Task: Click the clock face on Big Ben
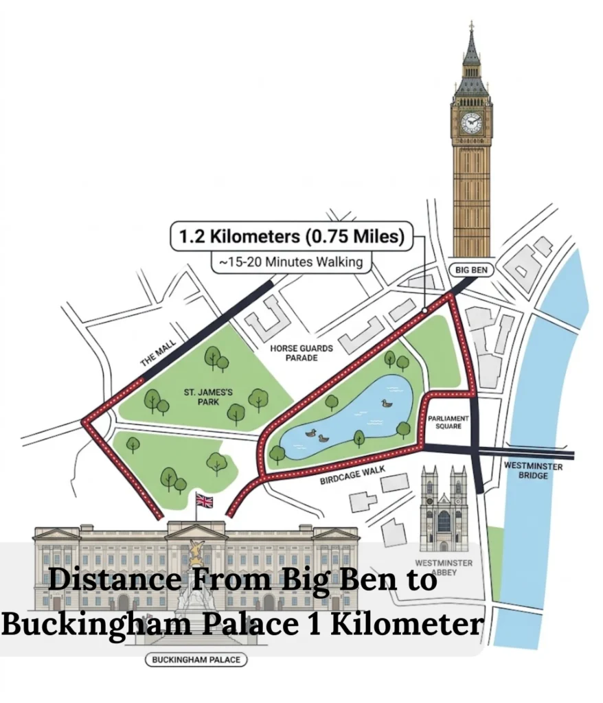coord(472,123)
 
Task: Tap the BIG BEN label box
coord(471,270)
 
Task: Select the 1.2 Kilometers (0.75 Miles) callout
coord(292,238)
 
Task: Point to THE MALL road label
coord(158,352)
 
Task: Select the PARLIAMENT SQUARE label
coord(448,422)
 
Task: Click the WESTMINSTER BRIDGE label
coord(533,471)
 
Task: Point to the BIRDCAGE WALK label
coord(350,475)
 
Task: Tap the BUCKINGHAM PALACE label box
coord(196,660)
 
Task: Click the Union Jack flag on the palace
coord(205,500)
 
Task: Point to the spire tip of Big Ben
coord(472,25)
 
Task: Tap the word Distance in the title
coord(115,580)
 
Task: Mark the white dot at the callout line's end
coord(425,311)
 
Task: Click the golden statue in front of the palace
coord(196,553)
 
